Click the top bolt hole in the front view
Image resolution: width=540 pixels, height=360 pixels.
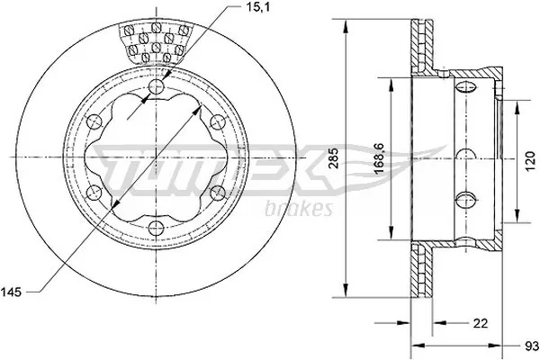point(157,88)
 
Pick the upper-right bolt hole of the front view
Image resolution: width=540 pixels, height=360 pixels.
point(217,122)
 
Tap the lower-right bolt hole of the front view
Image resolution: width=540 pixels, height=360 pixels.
point(217,192)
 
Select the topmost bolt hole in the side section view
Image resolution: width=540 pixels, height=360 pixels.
point(466,87)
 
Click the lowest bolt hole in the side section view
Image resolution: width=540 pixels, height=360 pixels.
point(466,199)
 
